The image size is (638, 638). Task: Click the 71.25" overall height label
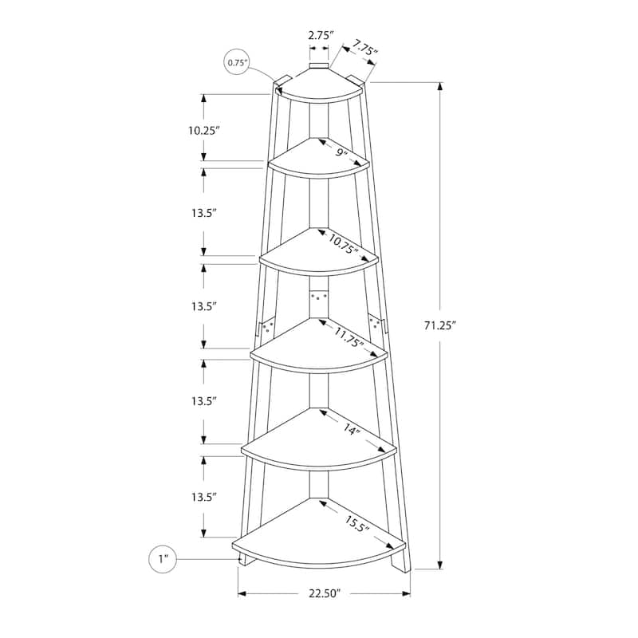coord(439,325)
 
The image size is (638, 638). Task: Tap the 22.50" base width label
coord(324,593)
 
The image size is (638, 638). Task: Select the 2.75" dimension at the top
coord(321,35)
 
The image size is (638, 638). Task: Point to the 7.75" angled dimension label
coord(364,47)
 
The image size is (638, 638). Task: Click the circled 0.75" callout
coord(236,63)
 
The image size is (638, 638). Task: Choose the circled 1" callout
coord(163,559)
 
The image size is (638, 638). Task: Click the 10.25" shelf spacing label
coord(204,131)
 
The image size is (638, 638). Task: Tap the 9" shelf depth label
coord(341,153)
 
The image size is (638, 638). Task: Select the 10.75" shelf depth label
coord(344,244)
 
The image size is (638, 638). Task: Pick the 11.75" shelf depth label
coord(349,337)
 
